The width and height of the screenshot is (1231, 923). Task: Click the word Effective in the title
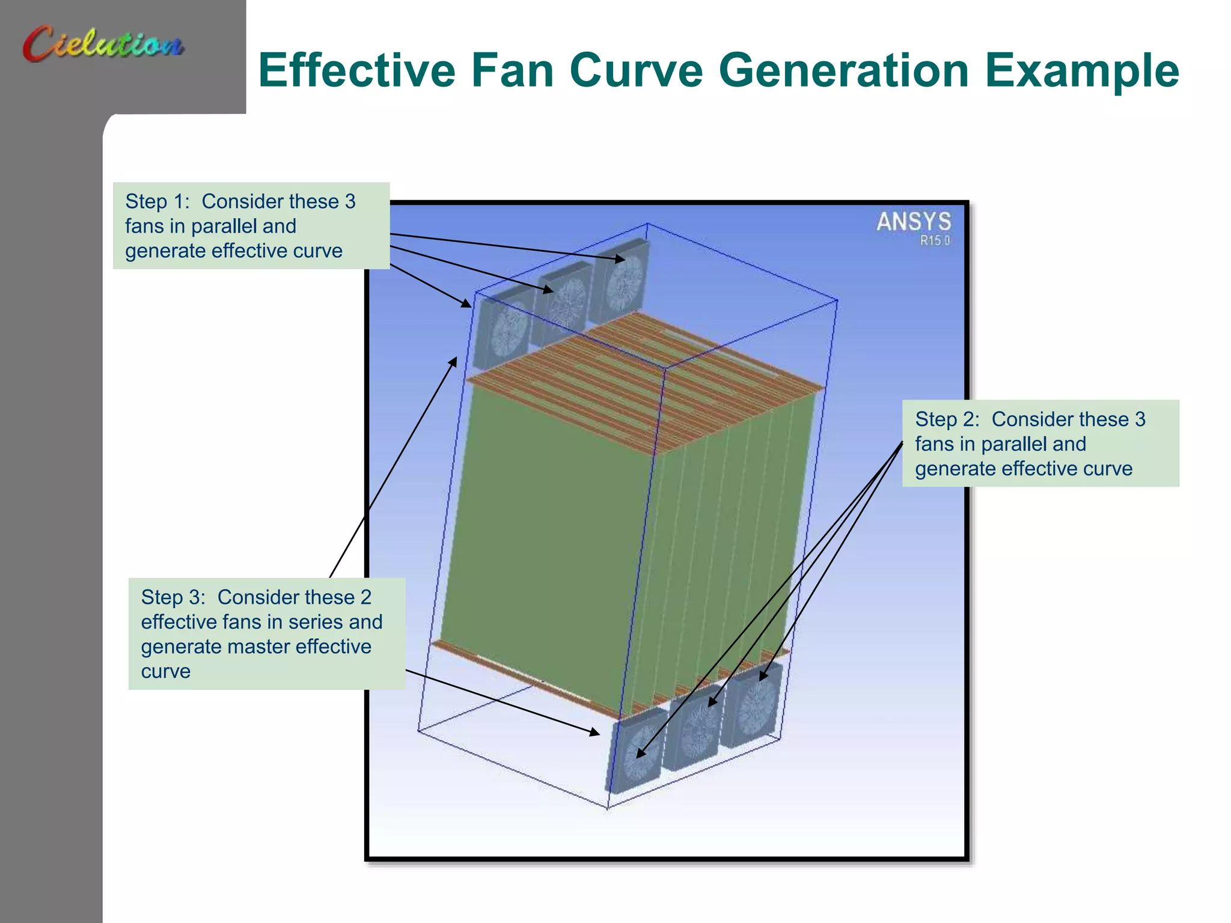pos(357,70)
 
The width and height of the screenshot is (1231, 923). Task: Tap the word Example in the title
pos(1081,70)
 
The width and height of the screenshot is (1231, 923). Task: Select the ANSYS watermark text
pos(913,222)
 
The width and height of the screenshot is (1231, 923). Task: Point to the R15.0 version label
pos(935,240)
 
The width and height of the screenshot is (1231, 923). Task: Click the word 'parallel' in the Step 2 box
pos(1013,443)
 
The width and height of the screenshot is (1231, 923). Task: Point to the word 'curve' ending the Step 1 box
pos(318,251)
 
